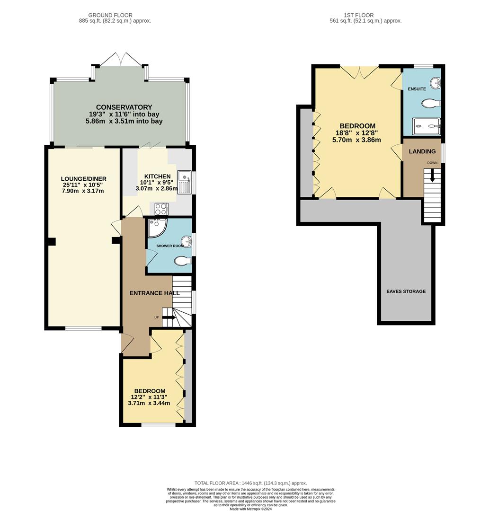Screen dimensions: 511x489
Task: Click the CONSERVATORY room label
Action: point(124,107)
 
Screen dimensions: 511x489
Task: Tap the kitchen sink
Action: point(184,182)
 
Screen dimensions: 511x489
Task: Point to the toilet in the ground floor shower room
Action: point(183,261)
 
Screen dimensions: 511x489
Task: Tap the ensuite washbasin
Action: point(436,84)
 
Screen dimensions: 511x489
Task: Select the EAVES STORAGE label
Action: point(405,291)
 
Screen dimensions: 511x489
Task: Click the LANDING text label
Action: point(422,151)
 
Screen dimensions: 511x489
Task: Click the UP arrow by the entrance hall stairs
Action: point(169,317)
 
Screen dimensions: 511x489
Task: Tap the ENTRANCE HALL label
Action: point(155,293)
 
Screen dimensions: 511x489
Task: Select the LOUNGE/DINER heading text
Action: point(84,179)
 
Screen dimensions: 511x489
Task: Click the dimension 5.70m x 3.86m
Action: point(357,140)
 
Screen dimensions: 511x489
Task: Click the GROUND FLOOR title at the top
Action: point(110,15)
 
